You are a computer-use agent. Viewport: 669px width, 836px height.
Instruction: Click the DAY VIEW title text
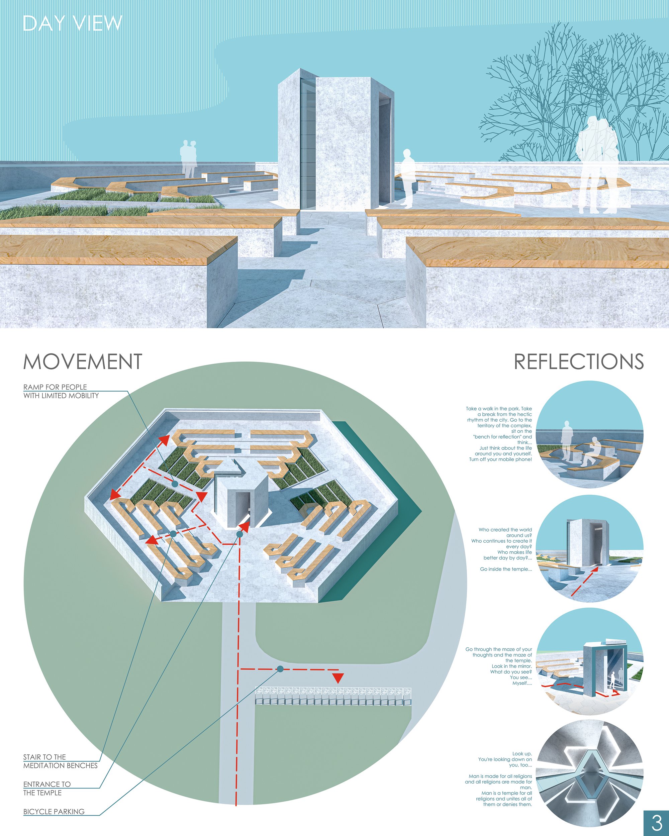point(73,23)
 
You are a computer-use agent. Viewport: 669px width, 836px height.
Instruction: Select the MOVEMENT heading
point(83,361)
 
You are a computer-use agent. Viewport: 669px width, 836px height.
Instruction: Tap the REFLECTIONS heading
point(579,361)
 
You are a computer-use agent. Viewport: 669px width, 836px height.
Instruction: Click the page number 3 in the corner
point(657,822)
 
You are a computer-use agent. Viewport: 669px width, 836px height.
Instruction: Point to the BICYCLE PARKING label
point(54,812)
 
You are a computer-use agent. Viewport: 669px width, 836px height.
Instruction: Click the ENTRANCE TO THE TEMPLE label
point(47,788)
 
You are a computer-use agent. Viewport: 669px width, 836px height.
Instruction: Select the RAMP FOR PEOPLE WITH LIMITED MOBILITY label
point(61,391)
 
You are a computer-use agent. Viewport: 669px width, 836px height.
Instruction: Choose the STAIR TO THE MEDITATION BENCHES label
point(61,761)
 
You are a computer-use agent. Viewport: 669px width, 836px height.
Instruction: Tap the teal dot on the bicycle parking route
point(280,669)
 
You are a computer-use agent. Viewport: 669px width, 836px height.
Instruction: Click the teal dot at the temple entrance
point(240,534)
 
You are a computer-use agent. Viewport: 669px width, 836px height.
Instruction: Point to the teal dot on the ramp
point(175,484)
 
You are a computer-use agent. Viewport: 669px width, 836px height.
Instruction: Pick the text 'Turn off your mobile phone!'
point(500,459)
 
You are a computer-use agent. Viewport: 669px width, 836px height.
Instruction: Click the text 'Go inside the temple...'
point(506,569)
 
